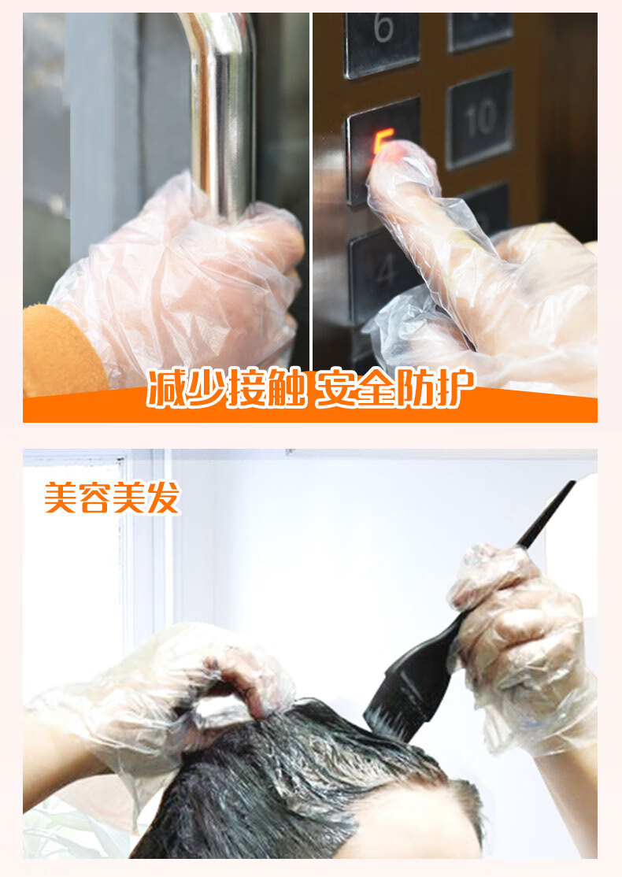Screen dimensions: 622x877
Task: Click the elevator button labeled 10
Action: coord(480,119)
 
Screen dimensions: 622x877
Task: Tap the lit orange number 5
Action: coord(383,141)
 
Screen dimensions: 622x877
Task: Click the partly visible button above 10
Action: coord(480,31)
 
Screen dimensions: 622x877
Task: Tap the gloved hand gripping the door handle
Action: coord(179,279)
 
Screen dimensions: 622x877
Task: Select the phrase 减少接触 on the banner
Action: coord(227,387)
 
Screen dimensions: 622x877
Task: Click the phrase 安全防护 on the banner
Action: coord(395,387)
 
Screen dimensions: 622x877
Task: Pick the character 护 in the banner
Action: coord(456,387)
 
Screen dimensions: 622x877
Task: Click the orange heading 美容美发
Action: coord(112,498)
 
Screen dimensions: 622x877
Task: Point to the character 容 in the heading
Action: coord(94,498)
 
